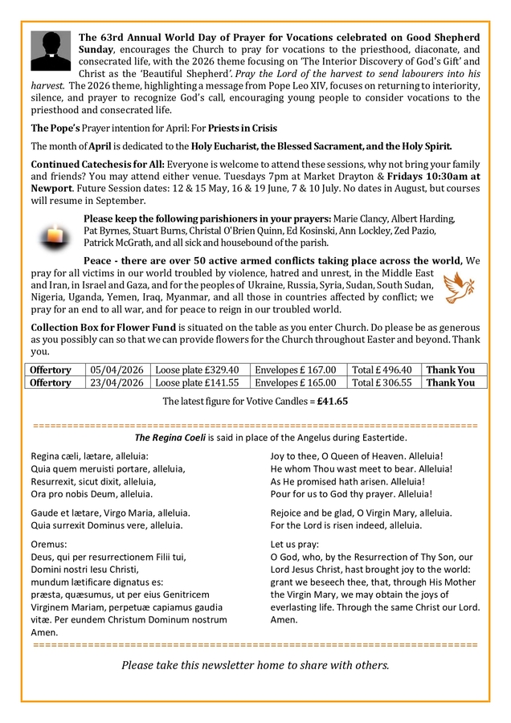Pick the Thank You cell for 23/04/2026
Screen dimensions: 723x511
451,383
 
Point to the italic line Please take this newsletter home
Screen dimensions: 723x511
255,664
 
